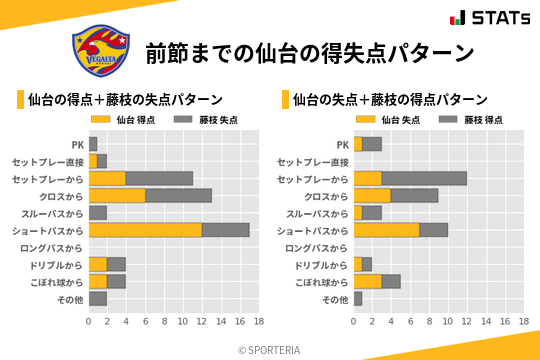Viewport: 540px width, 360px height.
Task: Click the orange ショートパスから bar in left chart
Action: tap(145, 230)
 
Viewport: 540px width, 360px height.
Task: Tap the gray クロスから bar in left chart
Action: tap(178, 195)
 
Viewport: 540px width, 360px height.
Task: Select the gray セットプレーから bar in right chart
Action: tap(424, 178)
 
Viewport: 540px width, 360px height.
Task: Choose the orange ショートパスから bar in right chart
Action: tap(386, 230)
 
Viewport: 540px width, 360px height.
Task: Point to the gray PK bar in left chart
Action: tap(93, 144)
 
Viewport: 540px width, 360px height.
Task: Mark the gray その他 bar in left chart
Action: tap(98, 299)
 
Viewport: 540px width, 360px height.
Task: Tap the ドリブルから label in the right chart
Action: tap(323, 264)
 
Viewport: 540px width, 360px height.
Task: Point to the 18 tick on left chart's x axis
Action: tap(258, 321)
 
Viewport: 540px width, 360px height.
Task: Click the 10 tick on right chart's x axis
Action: tap(448, 321)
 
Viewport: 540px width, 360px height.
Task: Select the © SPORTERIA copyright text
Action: tap(269, 348)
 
